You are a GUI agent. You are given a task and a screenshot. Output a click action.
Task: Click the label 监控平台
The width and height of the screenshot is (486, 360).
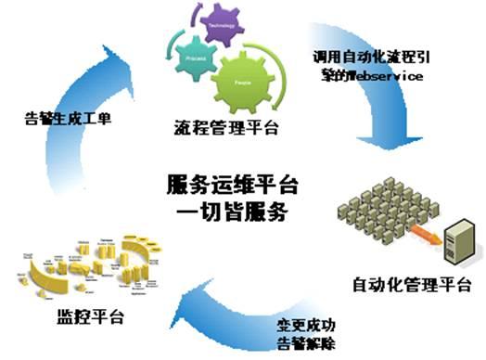pos(76,319)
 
